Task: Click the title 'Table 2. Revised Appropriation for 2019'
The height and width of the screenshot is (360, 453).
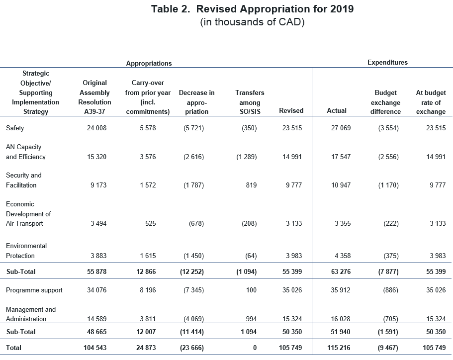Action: (252, 9)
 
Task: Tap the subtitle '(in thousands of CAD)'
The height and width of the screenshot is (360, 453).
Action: (252, 22)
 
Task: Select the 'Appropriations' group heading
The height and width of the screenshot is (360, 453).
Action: (149, 63)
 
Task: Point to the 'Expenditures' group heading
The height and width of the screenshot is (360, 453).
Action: (387, 63)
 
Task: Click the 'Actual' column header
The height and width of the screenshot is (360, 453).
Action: (337, 111)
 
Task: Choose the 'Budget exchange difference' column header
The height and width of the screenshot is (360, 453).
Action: (385, 102)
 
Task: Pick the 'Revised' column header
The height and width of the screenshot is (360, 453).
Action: (291, 111)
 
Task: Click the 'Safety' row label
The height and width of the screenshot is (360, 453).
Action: (15, 128)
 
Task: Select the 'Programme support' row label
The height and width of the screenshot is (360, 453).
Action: (34, 290)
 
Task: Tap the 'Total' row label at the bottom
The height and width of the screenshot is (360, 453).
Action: (13, 348)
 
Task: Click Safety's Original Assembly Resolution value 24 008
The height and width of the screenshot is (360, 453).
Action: (97, 128)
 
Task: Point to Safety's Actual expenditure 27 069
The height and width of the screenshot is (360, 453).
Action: (341, 128)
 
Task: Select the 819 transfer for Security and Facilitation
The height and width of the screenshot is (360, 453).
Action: (251, 185)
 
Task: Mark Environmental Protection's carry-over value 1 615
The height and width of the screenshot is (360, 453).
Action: (148, 256)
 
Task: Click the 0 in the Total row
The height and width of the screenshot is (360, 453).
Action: (255, 348)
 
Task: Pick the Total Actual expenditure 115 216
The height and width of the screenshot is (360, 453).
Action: (339, 348)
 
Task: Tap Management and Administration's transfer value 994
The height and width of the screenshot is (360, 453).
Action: (251, 319)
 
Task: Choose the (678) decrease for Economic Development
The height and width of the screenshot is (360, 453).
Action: (196, 223)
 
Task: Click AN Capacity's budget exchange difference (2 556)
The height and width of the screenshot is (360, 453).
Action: (388, 157)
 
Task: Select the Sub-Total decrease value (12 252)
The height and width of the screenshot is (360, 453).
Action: (192, 271)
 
